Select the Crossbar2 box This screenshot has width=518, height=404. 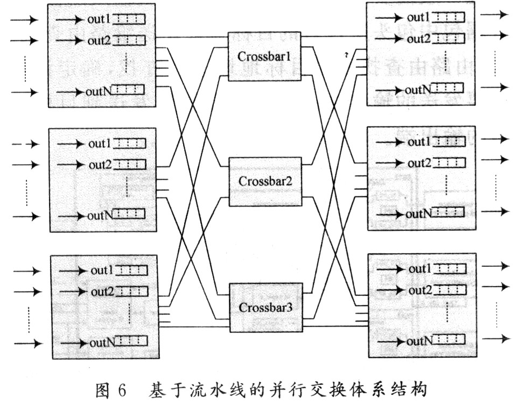click(x=265, y=181)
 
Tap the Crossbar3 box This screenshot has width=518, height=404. click(x=265, y=308)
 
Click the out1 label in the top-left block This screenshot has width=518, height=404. click(x=99, y=19)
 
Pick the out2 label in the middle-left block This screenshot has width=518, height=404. click(x=100, y=165)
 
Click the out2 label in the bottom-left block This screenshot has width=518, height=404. click(x=102, y=292)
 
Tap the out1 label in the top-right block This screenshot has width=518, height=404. click(x=418, y=17)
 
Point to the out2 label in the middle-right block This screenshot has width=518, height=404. click(x=419, y=162)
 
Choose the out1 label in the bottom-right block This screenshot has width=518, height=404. click(x=420, y=268)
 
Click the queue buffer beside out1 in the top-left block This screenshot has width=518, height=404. click(x=129, y=20)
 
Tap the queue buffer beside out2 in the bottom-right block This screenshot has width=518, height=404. click(x=450, y=290)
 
